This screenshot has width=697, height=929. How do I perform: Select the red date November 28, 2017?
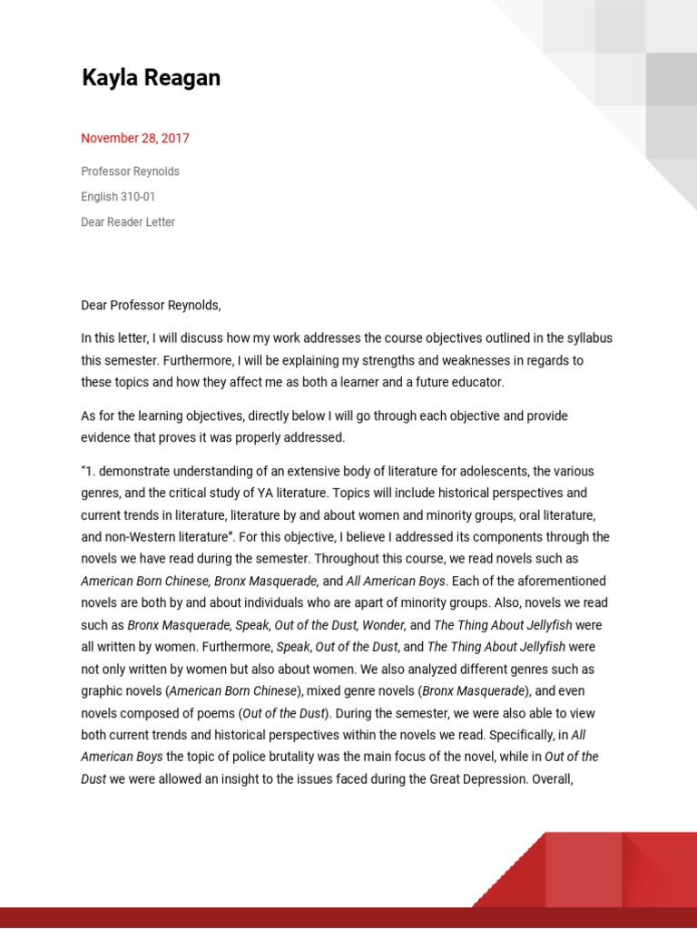click(x=135, y=139)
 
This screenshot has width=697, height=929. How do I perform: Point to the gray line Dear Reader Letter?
click(x=128, y=221)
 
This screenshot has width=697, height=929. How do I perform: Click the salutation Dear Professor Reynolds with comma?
click(x=151, y=305)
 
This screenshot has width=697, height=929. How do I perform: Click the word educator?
click(x=476, y=382)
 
